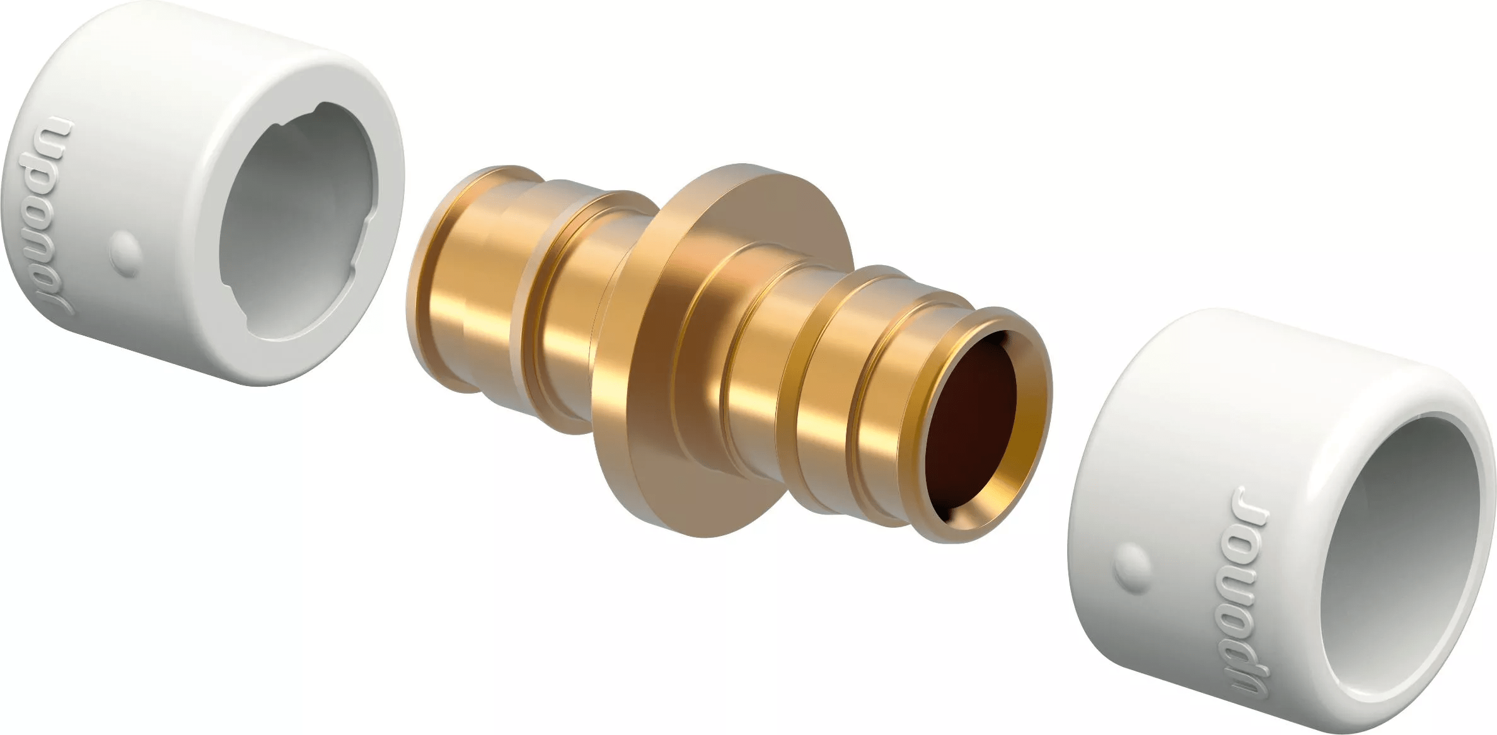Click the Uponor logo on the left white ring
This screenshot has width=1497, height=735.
(x=62, y=217)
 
